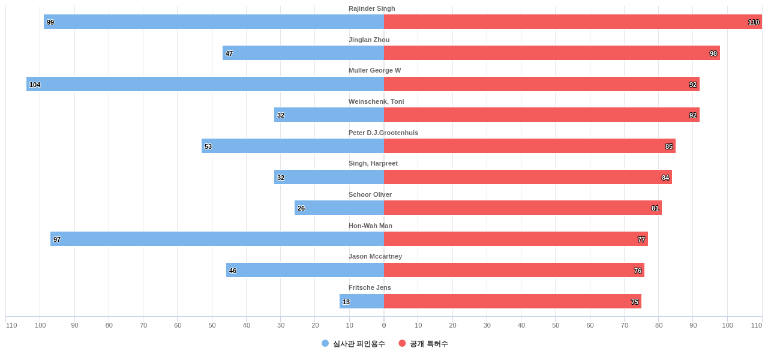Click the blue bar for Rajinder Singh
coord(214,22)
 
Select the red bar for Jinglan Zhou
coord(551,53)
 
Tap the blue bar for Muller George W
coord(205,84)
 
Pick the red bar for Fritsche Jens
coord(512,301)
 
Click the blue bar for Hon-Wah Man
coord(217,239)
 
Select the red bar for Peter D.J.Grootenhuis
coord(529,146)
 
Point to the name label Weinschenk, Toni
coord(376,101)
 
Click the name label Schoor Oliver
coord(370,194)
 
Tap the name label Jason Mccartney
coord(375,256)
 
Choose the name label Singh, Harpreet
coord(373,163)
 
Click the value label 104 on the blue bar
coord(35,85)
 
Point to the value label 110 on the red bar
coord(753,22)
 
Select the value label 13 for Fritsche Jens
coord(346,302)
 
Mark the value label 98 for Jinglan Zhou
coord(713,53)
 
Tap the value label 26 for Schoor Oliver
coord(301,208)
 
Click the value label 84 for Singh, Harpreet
coord(665,178)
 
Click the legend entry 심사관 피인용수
coord(359,344)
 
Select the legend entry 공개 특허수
coord(428,344)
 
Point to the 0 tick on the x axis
coord(384,325)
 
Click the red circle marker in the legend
coord(402,343)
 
